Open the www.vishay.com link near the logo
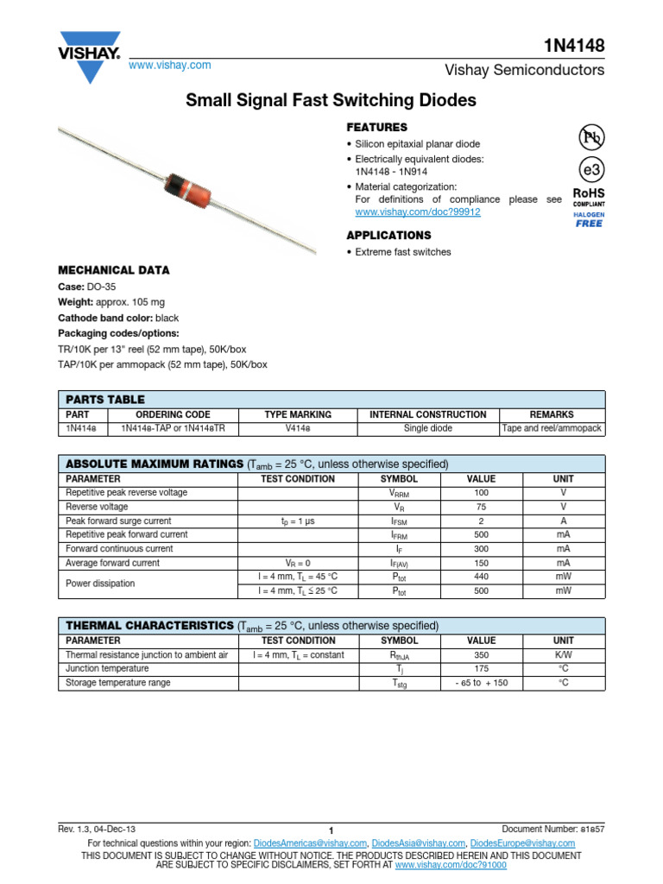click(170, 66)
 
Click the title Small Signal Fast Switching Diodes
click(331, 100)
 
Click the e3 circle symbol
click(590, 168)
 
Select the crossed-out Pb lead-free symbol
click(590, 136)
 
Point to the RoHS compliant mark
click(589, 198)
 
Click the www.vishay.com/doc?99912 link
click(418, 212)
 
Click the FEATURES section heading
click(376, 127)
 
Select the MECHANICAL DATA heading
click(114, 270)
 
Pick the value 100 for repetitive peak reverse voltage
click(481, 492)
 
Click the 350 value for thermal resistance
click(481, 654)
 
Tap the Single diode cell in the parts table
click(427, 428)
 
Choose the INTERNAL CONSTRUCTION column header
click(427, 414)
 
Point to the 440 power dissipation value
click(481, 577)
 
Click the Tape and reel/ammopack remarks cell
click(552, 428)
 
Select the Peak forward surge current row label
click(118, 521)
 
